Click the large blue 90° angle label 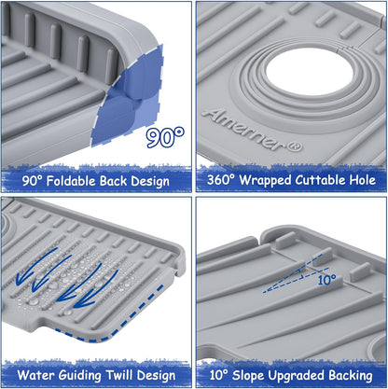pyautogui.click(x=165, y=136)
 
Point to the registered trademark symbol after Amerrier pyautogui.click(x=295, y=146)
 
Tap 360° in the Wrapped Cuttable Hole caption pyautogui.click(x=221, y=180)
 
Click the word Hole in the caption pyautogui.click(x=362, y=180)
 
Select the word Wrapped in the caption pyautogui.click(x=266, y=181)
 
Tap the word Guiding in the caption pyautogui.click(x=79, y=376)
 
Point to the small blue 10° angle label pyautogui.click(x=326, y=280)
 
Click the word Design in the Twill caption pyautogui.click(x=156, y=376)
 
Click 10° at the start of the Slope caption pyautogui.click(x=219, y=375)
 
